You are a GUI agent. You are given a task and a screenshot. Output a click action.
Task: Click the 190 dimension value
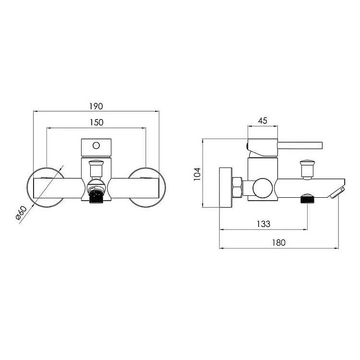tap(96, 107)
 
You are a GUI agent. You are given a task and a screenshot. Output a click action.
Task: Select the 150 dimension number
tap(96, 122)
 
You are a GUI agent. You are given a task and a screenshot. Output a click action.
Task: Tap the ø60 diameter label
tap(21, 213)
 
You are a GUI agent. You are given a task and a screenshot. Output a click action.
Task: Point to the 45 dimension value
tap(263, 121)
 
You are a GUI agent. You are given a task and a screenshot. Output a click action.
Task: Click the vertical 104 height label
tap(197, 174)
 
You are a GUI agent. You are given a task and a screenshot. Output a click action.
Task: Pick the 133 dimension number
tap(264, 224)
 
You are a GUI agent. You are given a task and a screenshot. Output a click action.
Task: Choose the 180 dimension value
tap(279, 243)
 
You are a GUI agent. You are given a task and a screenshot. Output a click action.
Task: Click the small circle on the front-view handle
tap(96, 145)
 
